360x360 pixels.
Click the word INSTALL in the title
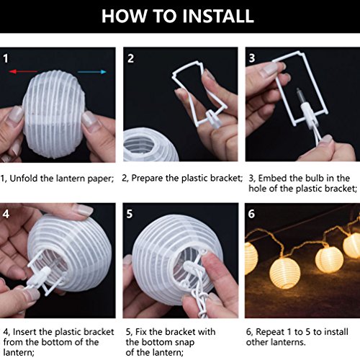tap(217, 16)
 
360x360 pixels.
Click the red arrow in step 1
tap(23, 71)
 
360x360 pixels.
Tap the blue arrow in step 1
tap(92, 71)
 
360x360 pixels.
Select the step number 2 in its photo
tap(130, 58)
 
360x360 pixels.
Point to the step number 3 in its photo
tap(252, 58)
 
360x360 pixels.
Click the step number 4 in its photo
tap(6, 214)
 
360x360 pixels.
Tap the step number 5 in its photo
tap(130, 214)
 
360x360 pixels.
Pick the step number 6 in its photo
tap(251, 214)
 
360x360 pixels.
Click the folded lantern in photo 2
tap(150, 145)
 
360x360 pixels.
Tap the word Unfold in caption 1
tap(24, 179)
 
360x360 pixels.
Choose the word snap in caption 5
tap(184, 343)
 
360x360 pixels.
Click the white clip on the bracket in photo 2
tap(214, 120)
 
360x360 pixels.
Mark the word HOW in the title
tap(124, 16)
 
